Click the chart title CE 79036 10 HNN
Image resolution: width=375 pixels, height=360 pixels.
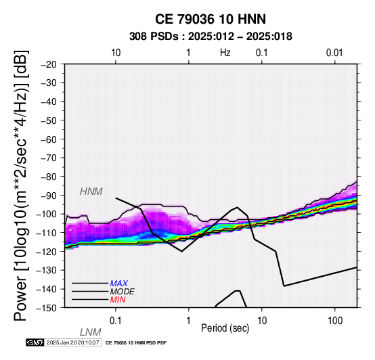pyautogui.click(x=211, y=19)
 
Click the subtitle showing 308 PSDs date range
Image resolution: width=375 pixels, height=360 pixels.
pyautogui.click(x=211, y=37)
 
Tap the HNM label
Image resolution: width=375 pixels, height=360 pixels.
pyautogui.click(x=91, y=192)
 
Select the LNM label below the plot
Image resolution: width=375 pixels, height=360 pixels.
pyautogui.click(x=91, y=332)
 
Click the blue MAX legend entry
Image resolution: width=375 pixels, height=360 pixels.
pyautogui.click(x=119, y=284)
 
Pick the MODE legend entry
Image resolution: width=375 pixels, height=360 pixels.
pyautogui.click(x=123, y=292)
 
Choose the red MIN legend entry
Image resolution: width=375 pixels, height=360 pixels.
pyautogui.click(x=118, y=300)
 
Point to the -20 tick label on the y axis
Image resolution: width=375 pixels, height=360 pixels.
pyautogui.click(x=49, y=64)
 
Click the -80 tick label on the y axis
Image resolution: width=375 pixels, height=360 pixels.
pyautogui.click(x=49, y=177)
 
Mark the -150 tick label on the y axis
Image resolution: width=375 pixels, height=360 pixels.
pyautogui.click(x=47, y=307)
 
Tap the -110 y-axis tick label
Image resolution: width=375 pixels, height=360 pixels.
pyautogui.click(x=47, y=233)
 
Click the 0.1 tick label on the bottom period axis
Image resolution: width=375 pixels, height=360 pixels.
pyautogui.click(x=115, y=321)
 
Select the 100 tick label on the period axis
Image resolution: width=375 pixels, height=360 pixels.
pyautogui.click(x=335, y=321)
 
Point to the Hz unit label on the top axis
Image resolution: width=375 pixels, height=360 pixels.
pyautogui.click(x=225, y=53)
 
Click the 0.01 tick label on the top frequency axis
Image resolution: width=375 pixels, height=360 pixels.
pyautogui.click(x=334, y=53)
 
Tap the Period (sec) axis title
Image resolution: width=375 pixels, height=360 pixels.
pyautogui.click(x=225, y=328)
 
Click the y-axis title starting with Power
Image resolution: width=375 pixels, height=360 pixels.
pyautogui.click(x=20, y=185)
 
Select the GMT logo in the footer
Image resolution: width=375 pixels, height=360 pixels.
pyautogui.click(x=35, y=342)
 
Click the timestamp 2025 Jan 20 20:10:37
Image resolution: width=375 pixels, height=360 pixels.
pyautogui.click(x=72, y=342)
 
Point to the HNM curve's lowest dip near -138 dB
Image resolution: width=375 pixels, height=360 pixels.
pyautogui.click(x=284, y=286)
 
